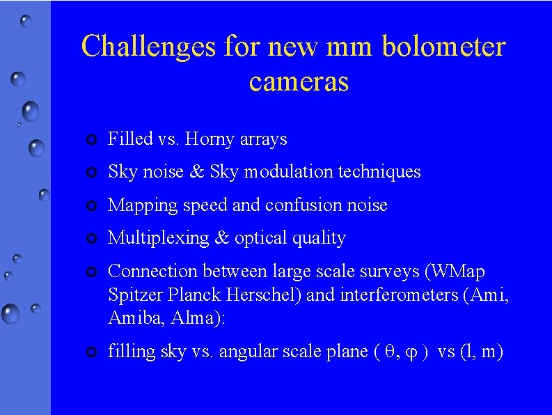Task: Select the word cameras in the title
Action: (298, 81)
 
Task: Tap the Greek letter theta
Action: (389, 352)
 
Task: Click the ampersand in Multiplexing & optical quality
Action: (222, 238)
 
